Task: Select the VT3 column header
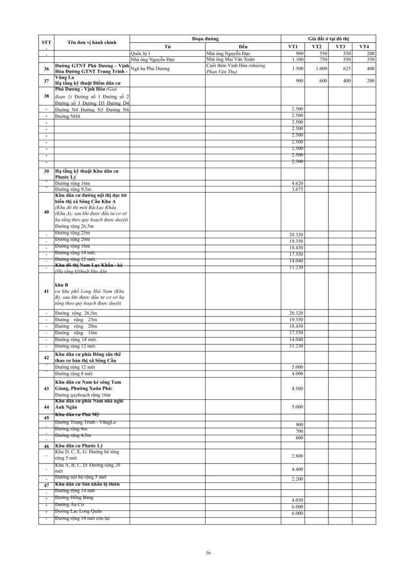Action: click(x=340, y=47)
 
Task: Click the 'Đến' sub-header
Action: click(x=244, y=47)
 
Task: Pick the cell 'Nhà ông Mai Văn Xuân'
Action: click(x=227, y=59)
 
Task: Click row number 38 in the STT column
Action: click(x=47, y=96)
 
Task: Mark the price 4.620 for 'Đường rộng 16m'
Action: click(x=297, y=183)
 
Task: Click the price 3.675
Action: click(x=297, y=190)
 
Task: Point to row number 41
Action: click(x=47, y=291)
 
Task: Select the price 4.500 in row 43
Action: click(x=297, y=389)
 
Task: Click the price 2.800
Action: click(x=297, y=455)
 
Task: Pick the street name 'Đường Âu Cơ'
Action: click(x=70, y=504)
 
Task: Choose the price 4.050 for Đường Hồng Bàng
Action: click(x=297, y=500)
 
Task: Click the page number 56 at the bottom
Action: click(x=209, y=552)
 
